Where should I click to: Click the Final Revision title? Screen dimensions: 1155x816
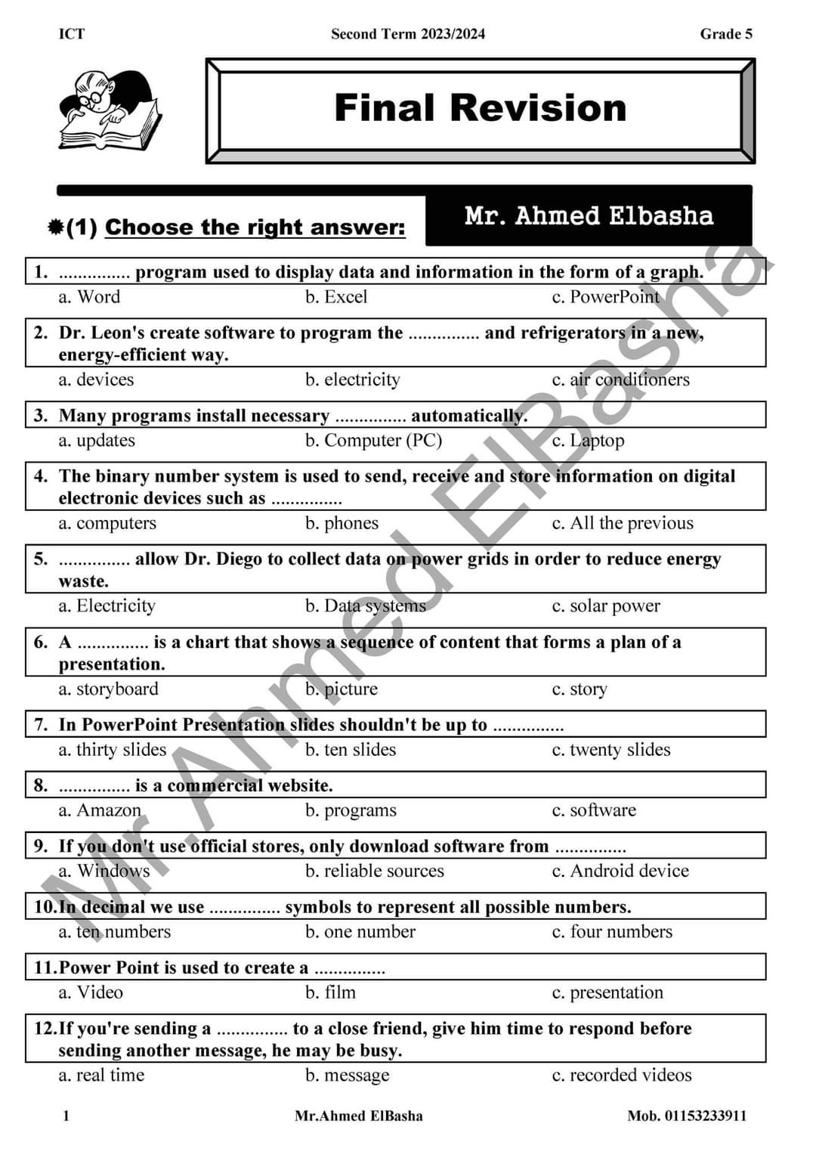click(481, 108)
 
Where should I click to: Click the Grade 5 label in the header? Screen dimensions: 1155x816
click(726, 34)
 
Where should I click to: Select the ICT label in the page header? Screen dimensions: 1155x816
click(72, 34)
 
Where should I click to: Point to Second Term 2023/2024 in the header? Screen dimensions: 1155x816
click(408, 34)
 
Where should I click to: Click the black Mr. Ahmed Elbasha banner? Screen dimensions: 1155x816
click(589, 217)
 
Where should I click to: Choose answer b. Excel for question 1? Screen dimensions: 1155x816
click(336, 297)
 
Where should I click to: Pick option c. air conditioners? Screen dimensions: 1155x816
click(620, 379)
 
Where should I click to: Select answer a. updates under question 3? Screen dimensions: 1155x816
click(97, 441)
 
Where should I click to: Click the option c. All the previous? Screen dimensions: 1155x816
click(623, 523)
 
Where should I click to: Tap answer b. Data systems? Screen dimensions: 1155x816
click(366, 606)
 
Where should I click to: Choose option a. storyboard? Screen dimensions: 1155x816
click(109, 689)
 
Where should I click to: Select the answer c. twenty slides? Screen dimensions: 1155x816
click(611, 750)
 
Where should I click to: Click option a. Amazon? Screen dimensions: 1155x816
click(100, 810)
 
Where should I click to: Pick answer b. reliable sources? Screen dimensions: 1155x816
click(375, 871)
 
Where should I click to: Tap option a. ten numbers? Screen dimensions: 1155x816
click(115, 932)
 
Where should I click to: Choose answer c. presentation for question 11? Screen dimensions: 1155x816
click(607, 992)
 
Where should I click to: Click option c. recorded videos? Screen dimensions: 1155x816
click(622, 1076)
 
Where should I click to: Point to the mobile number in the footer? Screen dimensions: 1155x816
click(687, 1116)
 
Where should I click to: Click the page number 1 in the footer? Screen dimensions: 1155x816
click(66, 1116)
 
